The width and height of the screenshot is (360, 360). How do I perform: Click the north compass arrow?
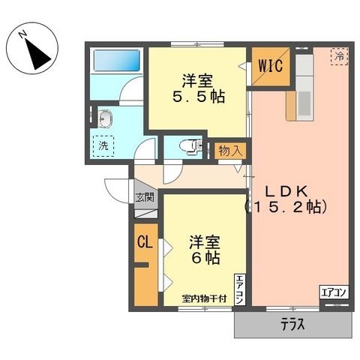[x=37, y=55]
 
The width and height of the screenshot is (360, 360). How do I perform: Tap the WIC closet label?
[x=271, y=66]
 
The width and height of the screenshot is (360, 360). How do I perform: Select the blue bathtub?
[x=116, y=60]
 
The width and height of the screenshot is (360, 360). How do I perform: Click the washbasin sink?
[x=105, y=118]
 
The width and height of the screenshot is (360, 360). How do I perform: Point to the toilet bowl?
[x=189, y=145]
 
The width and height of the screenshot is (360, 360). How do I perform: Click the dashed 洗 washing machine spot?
[x=103, y=146]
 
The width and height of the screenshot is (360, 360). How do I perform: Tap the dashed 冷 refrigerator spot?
[x=339, y=56]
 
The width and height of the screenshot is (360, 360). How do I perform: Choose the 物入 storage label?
[x=230, y=151]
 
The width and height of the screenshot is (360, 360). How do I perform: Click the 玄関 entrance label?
[x=145, y=197]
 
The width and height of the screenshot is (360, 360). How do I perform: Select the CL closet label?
[x=145, y=242]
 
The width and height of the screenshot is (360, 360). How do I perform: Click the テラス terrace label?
[x=292, y=325]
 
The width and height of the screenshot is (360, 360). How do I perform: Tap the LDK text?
[x=286, y=192]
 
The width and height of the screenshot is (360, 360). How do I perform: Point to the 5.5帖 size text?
[x=199, y=97]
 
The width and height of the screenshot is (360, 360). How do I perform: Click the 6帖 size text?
[x=205, y=258]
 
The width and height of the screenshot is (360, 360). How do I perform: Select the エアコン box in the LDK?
[x=334, y=292]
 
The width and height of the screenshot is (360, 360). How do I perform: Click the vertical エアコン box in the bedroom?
[x=239, y=289]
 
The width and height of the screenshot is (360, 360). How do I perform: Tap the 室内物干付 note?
[x=204, y=298]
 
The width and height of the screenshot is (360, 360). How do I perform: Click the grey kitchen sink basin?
[x=304, y=103]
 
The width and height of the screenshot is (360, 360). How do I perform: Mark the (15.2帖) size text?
[x=286, y=207]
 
